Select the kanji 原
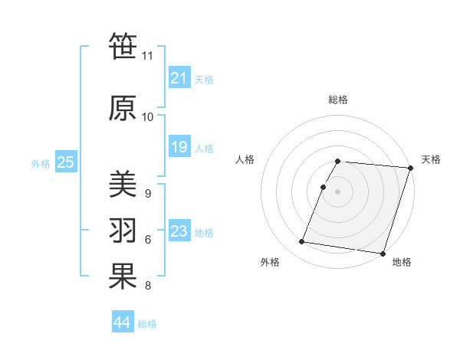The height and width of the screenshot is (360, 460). pos(123,108)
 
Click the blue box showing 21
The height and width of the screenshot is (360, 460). pos(179,78)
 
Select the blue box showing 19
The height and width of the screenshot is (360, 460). pos(179,147)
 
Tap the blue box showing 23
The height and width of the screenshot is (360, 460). pos(179,231)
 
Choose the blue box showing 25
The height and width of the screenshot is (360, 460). pos(65,162)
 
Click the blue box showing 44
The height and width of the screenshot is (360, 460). pos(122,322)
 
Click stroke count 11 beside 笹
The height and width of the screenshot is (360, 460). pos(148,56)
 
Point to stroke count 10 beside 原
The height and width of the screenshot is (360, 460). pos(148,117)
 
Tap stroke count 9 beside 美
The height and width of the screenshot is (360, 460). pos(147,194)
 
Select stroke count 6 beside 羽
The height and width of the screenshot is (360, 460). pos(147,240)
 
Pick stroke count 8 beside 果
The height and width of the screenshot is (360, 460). pos(147,286)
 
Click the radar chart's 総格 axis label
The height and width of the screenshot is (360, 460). pos(338,100)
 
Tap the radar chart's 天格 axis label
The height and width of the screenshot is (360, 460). pos(431,159)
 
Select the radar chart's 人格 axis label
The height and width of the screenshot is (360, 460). pos(245,159)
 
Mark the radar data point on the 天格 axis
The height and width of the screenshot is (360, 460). pos(410,168)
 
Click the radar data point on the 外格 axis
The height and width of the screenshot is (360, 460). pos(302,242)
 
